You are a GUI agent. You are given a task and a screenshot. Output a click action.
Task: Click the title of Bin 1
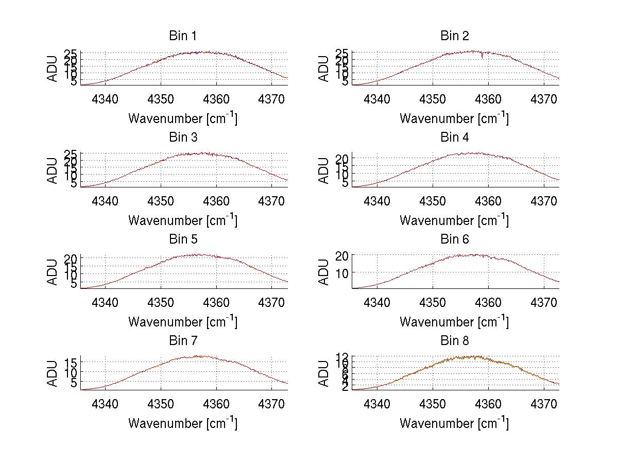(183, 36)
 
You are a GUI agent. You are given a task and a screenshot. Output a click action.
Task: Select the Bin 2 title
(455, 36)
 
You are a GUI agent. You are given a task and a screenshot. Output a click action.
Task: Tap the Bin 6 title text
(455, 239)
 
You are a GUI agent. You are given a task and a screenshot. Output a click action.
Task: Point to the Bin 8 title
(455, 340)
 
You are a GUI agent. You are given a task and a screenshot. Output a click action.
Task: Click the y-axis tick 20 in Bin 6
(343, 255)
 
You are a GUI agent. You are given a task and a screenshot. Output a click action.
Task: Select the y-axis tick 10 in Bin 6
(343, 272)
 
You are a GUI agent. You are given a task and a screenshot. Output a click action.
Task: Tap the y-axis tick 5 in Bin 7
(74, 383)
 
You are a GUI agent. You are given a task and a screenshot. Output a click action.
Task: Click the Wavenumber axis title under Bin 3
(183, 220)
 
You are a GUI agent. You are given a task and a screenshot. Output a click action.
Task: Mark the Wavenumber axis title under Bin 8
(455, 423)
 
